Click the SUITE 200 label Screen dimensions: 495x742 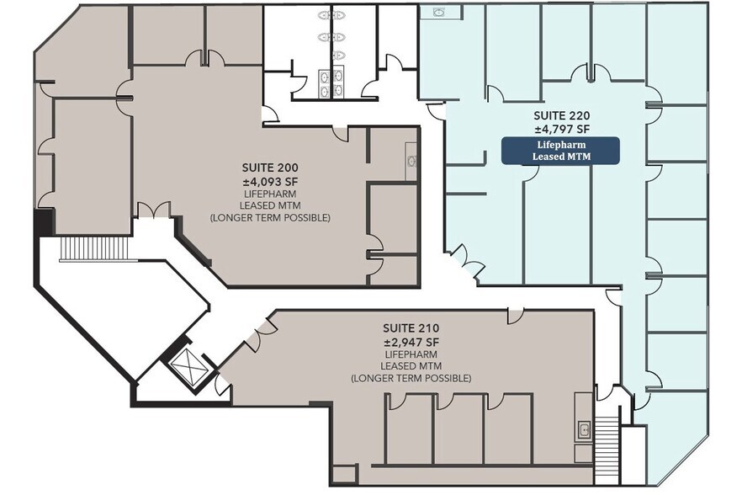click(269, 167)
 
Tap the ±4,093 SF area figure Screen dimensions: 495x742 click(269, 180)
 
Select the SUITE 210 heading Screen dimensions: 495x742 click(411, 327)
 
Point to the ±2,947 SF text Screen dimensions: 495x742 click(411, 341)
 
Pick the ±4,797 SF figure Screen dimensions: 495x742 click(560, 130)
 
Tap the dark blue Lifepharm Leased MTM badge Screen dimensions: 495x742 click(560, 151)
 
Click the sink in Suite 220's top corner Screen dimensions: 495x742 click(438, 13)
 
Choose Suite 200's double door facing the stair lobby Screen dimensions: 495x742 click(154, 210)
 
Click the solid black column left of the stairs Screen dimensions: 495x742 click(43, 223)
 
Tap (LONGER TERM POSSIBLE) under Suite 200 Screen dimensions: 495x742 click(269, 218)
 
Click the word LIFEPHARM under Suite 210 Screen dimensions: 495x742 click(411, 354)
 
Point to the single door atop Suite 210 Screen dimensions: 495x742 click(515, 315)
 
